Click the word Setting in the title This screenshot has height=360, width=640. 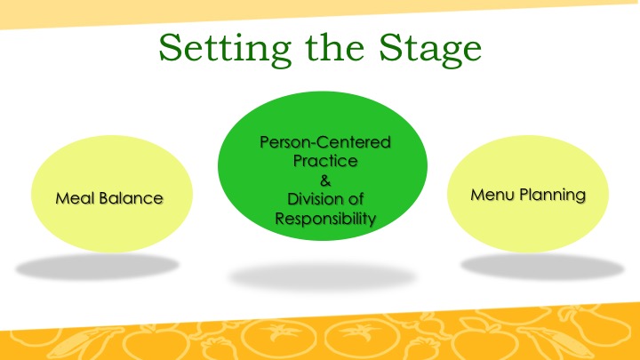tap(225, 50)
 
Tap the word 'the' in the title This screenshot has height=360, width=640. tap(335, 47)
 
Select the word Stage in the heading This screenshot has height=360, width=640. tap(430, 50)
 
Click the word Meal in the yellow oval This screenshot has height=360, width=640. tap(75, 198)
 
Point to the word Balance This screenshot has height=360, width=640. tap(131, 198)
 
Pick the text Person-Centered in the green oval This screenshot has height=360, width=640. tap(325, 142)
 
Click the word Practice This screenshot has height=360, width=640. tap(325, 161)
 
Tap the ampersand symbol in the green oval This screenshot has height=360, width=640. tap(325, 180)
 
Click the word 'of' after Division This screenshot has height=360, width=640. tap(355, 199)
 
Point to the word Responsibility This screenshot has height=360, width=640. tap(325, 219)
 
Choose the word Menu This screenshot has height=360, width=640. tap(492, 195)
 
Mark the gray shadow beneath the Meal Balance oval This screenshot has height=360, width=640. tap(97, 267)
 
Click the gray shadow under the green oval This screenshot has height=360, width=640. tap(323, 276)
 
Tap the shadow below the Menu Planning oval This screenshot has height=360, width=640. tap(542, 267)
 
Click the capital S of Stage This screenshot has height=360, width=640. tap(390, 47)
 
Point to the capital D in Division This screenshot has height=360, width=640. tap(293, 199)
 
